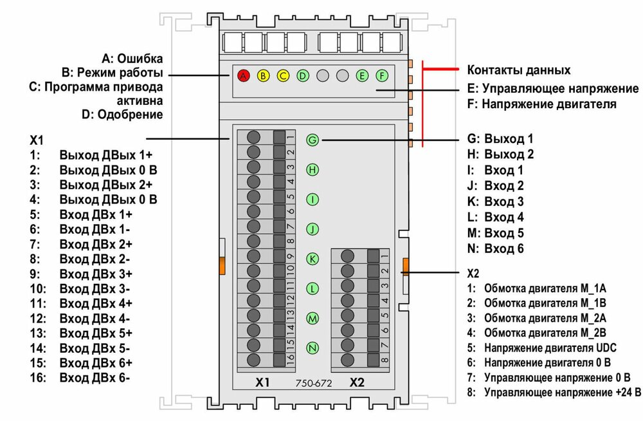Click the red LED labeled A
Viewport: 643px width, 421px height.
[243, 75]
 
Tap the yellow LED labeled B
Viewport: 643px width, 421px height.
[263, 75]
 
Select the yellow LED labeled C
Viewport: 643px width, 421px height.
[283, 75]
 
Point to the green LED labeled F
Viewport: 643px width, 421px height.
[383, 75]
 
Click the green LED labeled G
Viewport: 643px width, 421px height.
[312, 140]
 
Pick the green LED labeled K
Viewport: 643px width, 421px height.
[312, 259]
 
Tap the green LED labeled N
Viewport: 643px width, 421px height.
[312, 348]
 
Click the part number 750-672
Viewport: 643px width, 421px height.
[313, 382]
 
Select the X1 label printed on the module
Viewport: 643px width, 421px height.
[262, 382]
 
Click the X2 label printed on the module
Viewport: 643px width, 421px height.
[358, 382]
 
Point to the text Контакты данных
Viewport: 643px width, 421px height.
[518, 70]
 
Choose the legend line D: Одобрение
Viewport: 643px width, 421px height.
[122, 115]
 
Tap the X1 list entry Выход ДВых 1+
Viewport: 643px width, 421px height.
[106, 155]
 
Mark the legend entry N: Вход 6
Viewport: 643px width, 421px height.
[495, 248]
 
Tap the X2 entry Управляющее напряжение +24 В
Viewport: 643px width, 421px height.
[563, 391]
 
